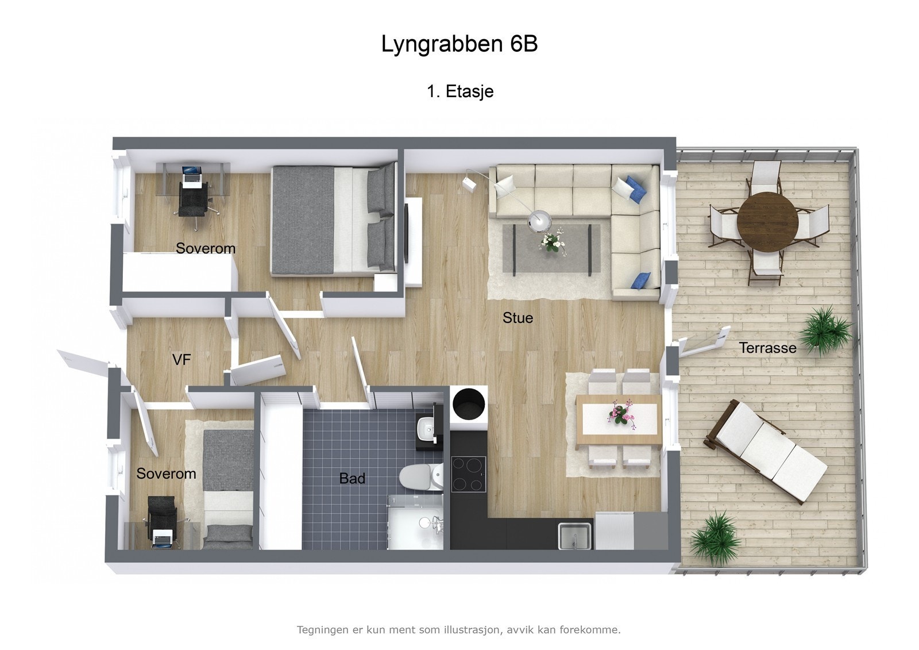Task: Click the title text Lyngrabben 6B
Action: pyautogui.click(x=459, y=44)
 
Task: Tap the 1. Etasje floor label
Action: pyautogui.click(x=460, y=91)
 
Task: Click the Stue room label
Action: pyautogui.click(x=518, y=318)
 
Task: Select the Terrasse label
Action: pyautogui.click(x=767, y=348)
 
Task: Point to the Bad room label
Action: pyautogui.click(x=352, y=478)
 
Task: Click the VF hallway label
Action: pyautogui.click(x=182, y=360)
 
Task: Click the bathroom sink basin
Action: pyautogui.click(x=425, y=428)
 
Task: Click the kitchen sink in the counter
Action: pyautogui.click(x=575, y=536)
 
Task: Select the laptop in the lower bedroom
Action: pyautogui.click(x=163, y=539)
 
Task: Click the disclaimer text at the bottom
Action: pyautogui.click(x=458, y=630)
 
